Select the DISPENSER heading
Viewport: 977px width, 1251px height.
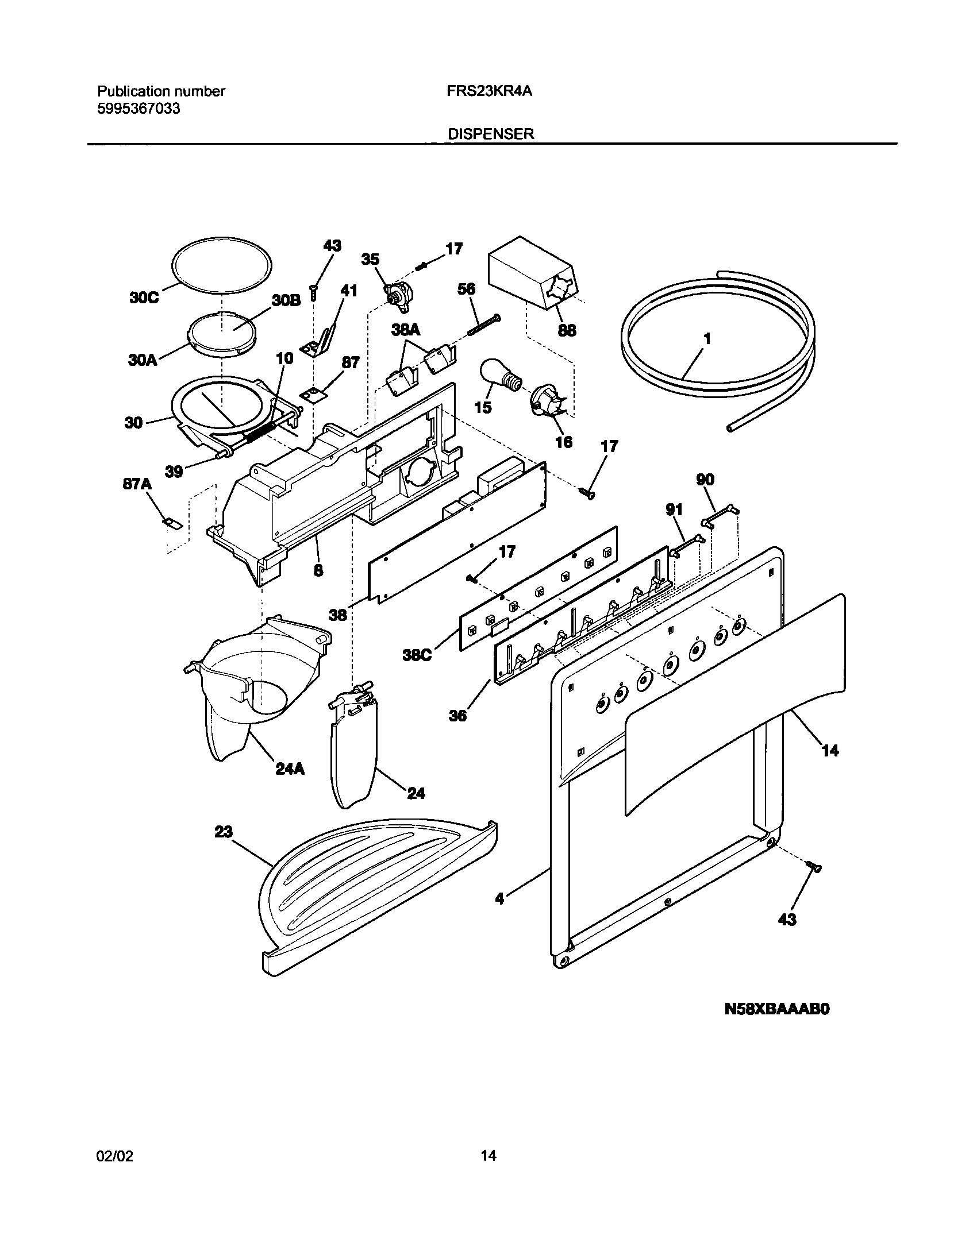pos(491,134)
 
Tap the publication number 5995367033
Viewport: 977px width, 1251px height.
pos(139,108)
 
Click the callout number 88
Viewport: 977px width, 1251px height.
pos(567,330)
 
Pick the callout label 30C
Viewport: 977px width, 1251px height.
pos(144,298)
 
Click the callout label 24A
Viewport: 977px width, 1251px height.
pos(290,768)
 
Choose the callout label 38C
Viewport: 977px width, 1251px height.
pos(417,654)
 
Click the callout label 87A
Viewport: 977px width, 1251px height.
pos(137,484)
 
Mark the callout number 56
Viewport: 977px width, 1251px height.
pos(467,289)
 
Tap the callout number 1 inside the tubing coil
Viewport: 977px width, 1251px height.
pos(707,339)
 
